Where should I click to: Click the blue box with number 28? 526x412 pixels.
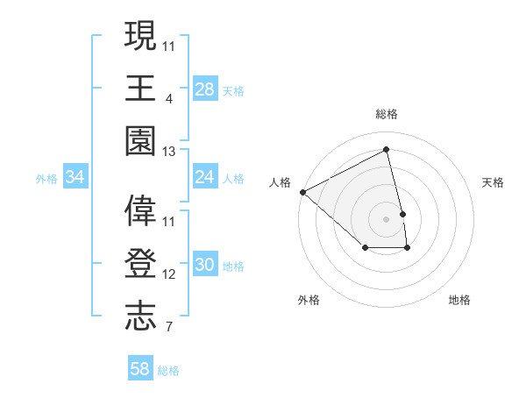click(205, 89)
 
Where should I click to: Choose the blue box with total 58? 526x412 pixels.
click(140, 369)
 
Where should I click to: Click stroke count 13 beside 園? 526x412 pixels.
click(169, 152)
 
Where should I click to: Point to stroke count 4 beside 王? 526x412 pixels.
click(168, 98)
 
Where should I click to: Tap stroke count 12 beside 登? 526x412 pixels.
click(169, 274)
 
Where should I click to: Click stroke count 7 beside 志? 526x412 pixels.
click(168, 328)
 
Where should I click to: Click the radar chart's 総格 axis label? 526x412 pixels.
click(387, 114)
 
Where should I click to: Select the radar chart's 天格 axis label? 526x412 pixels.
click(493, 182)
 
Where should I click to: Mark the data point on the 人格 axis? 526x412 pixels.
click(302, 192)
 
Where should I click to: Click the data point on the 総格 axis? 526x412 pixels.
click(387, 150)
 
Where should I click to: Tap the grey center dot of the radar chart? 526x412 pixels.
click(387, 219)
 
